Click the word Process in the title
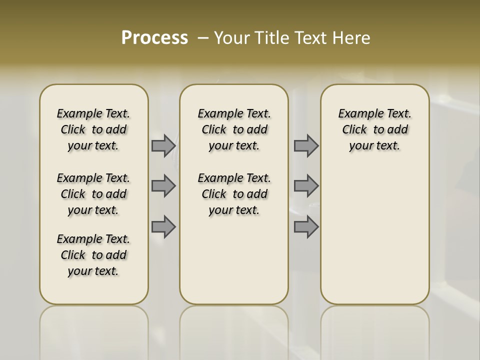tap(154, 37)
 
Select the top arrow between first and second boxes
tap(163, 146)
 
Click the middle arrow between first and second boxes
tap(163, 186)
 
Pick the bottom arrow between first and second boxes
tap(163, 227)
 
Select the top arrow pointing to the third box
tap(306, 146)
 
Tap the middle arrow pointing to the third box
tap(306, 186)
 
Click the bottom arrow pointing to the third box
tap(306, 227)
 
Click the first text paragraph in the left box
tap(93, 129)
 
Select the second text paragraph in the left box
tap(93, 194)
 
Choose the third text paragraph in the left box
tap(93, 255)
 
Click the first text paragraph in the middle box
tap(234, 129)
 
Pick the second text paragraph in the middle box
tap(234, 194)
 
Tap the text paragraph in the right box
tap(374, 129)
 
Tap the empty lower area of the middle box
tap(234, 260)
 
